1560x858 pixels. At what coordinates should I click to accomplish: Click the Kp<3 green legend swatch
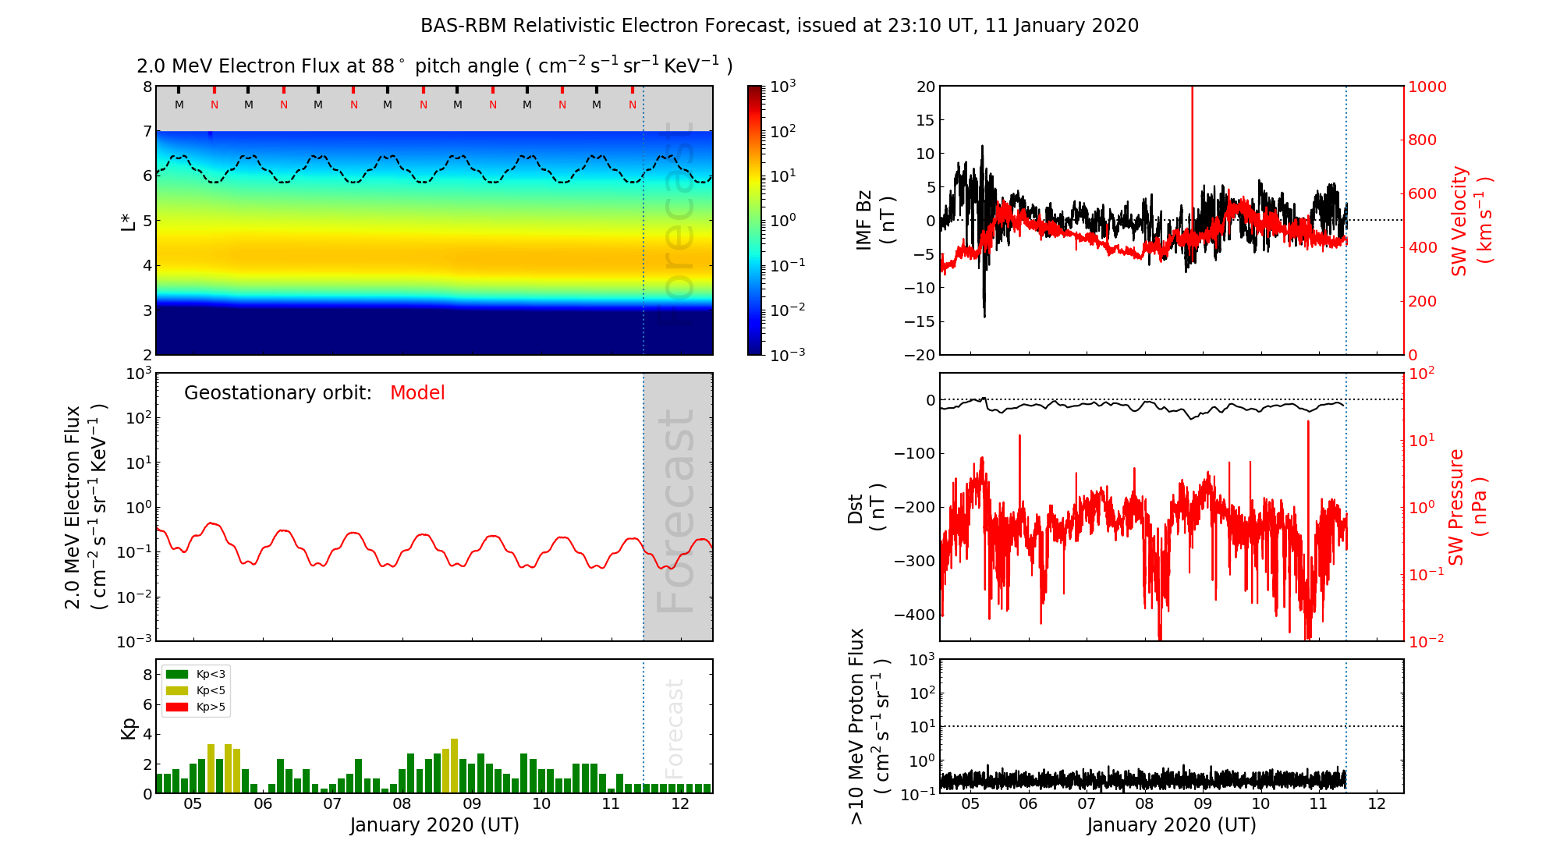coord(177,674)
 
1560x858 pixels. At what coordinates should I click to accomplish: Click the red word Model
coord(417,393)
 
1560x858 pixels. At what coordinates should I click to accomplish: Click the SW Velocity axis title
coord(1471,221)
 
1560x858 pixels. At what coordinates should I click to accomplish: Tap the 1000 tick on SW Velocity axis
coord(1427,87)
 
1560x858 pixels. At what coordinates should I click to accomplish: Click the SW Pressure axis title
coord(1467,507)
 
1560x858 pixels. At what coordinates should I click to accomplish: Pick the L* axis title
coord(129,221)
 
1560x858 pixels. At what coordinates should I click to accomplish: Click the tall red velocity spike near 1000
coord(1192,140)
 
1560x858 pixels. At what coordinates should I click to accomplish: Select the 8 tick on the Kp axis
coord(147,675)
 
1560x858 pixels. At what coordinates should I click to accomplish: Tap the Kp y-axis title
coord(129,728)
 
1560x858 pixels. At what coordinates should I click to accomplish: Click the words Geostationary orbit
coord(278,393)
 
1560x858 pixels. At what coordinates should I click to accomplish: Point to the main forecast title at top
coord(779,26)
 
